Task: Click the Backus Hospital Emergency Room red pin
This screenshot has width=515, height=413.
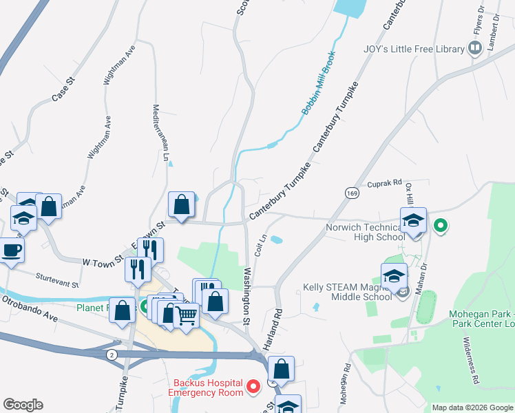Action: [x=252, y=387]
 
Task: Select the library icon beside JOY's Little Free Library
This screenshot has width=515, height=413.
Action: [x=474, y=48]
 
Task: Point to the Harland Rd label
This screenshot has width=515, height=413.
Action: [x=278, y=321]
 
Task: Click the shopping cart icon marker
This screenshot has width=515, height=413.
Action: [x=186, y=315]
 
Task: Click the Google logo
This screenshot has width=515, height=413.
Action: [x=23, y=405]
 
